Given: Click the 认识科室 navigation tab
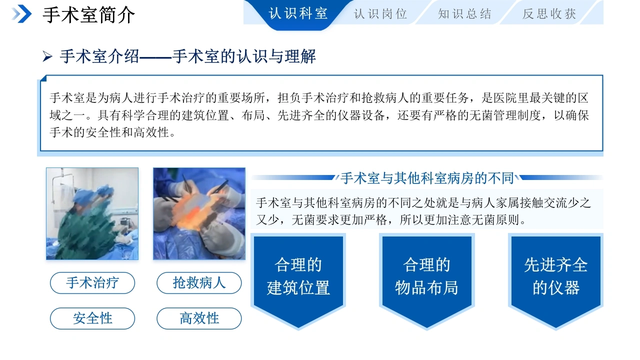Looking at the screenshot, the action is click(298, 13).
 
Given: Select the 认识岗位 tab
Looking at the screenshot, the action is click(380, 13).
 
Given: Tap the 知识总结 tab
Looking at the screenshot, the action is click(464, 13).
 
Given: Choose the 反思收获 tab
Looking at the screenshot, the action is click(549, 13).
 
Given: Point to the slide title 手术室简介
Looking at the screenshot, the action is click(88, 15).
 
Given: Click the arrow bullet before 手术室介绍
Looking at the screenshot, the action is click(47, 56).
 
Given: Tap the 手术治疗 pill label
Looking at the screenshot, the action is click(92, 283).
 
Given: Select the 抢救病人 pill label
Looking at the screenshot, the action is click(199, 283).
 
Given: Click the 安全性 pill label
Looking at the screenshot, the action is click(92, 318).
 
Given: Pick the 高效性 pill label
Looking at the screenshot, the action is click(199, 318).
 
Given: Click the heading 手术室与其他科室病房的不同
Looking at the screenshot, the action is click(427, 178).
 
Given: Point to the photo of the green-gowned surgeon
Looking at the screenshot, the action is click(92, 213).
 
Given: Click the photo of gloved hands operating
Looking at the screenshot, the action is click(199, 213).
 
